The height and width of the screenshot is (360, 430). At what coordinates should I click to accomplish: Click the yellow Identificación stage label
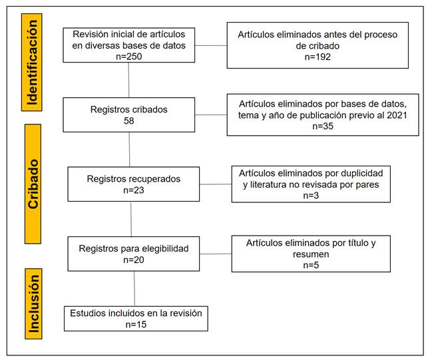point(32,63)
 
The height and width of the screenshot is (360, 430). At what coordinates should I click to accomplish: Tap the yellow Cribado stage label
point(33,184)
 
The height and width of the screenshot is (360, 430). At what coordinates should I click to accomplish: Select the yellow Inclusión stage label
point(33,304)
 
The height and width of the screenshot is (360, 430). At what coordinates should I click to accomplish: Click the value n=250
point(129,57)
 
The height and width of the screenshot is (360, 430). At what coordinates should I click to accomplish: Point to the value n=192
point(318,57)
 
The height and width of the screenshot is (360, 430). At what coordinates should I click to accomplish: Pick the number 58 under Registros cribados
point(129,120)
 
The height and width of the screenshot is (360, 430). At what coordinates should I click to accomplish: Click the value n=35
point(323,126)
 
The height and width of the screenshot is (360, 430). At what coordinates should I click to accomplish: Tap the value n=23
point(134,190)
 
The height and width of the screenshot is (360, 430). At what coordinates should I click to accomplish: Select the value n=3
point(311,196)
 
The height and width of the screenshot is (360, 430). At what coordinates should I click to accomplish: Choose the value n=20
point(134,260)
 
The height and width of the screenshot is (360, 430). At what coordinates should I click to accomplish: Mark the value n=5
point(311,265)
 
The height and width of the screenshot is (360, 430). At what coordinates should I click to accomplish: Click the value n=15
point(136,324)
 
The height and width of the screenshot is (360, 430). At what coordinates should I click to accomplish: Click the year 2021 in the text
point(397,115)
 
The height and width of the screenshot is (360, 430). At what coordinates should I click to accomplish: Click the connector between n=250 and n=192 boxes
point(211,45)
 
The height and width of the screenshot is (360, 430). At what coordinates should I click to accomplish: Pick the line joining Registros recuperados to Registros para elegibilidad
point(131,219)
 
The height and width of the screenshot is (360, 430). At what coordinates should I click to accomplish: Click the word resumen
point(311,254)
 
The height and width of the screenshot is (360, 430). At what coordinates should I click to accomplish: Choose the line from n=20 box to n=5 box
point(216,254)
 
